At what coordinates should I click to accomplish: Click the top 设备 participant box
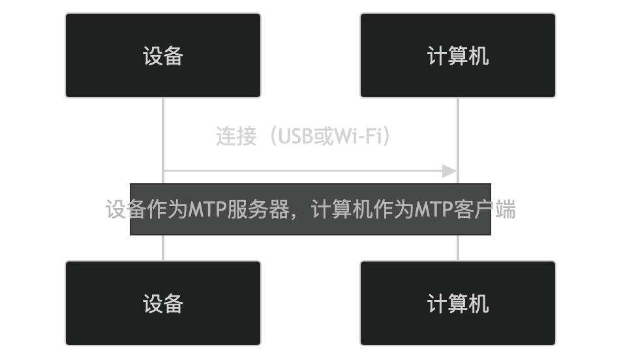[163, 55]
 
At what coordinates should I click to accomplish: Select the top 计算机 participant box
[458, 55]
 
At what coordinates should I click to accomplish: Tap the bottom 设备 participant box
[163, 303]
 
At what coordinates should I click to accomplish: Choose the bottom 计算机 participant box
[458, 303]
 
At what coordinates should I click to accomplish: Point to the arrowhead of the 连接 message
[450, 172]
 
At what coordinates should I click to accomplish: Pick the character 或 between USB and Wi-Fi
[324, 137]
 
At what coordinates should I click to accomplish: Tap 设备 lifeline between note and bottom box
[163, 248]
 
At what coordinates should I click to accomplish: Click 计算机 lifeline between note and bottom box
[458, 248]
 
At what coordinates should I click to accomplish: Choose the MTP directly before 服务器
[207, 210]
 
